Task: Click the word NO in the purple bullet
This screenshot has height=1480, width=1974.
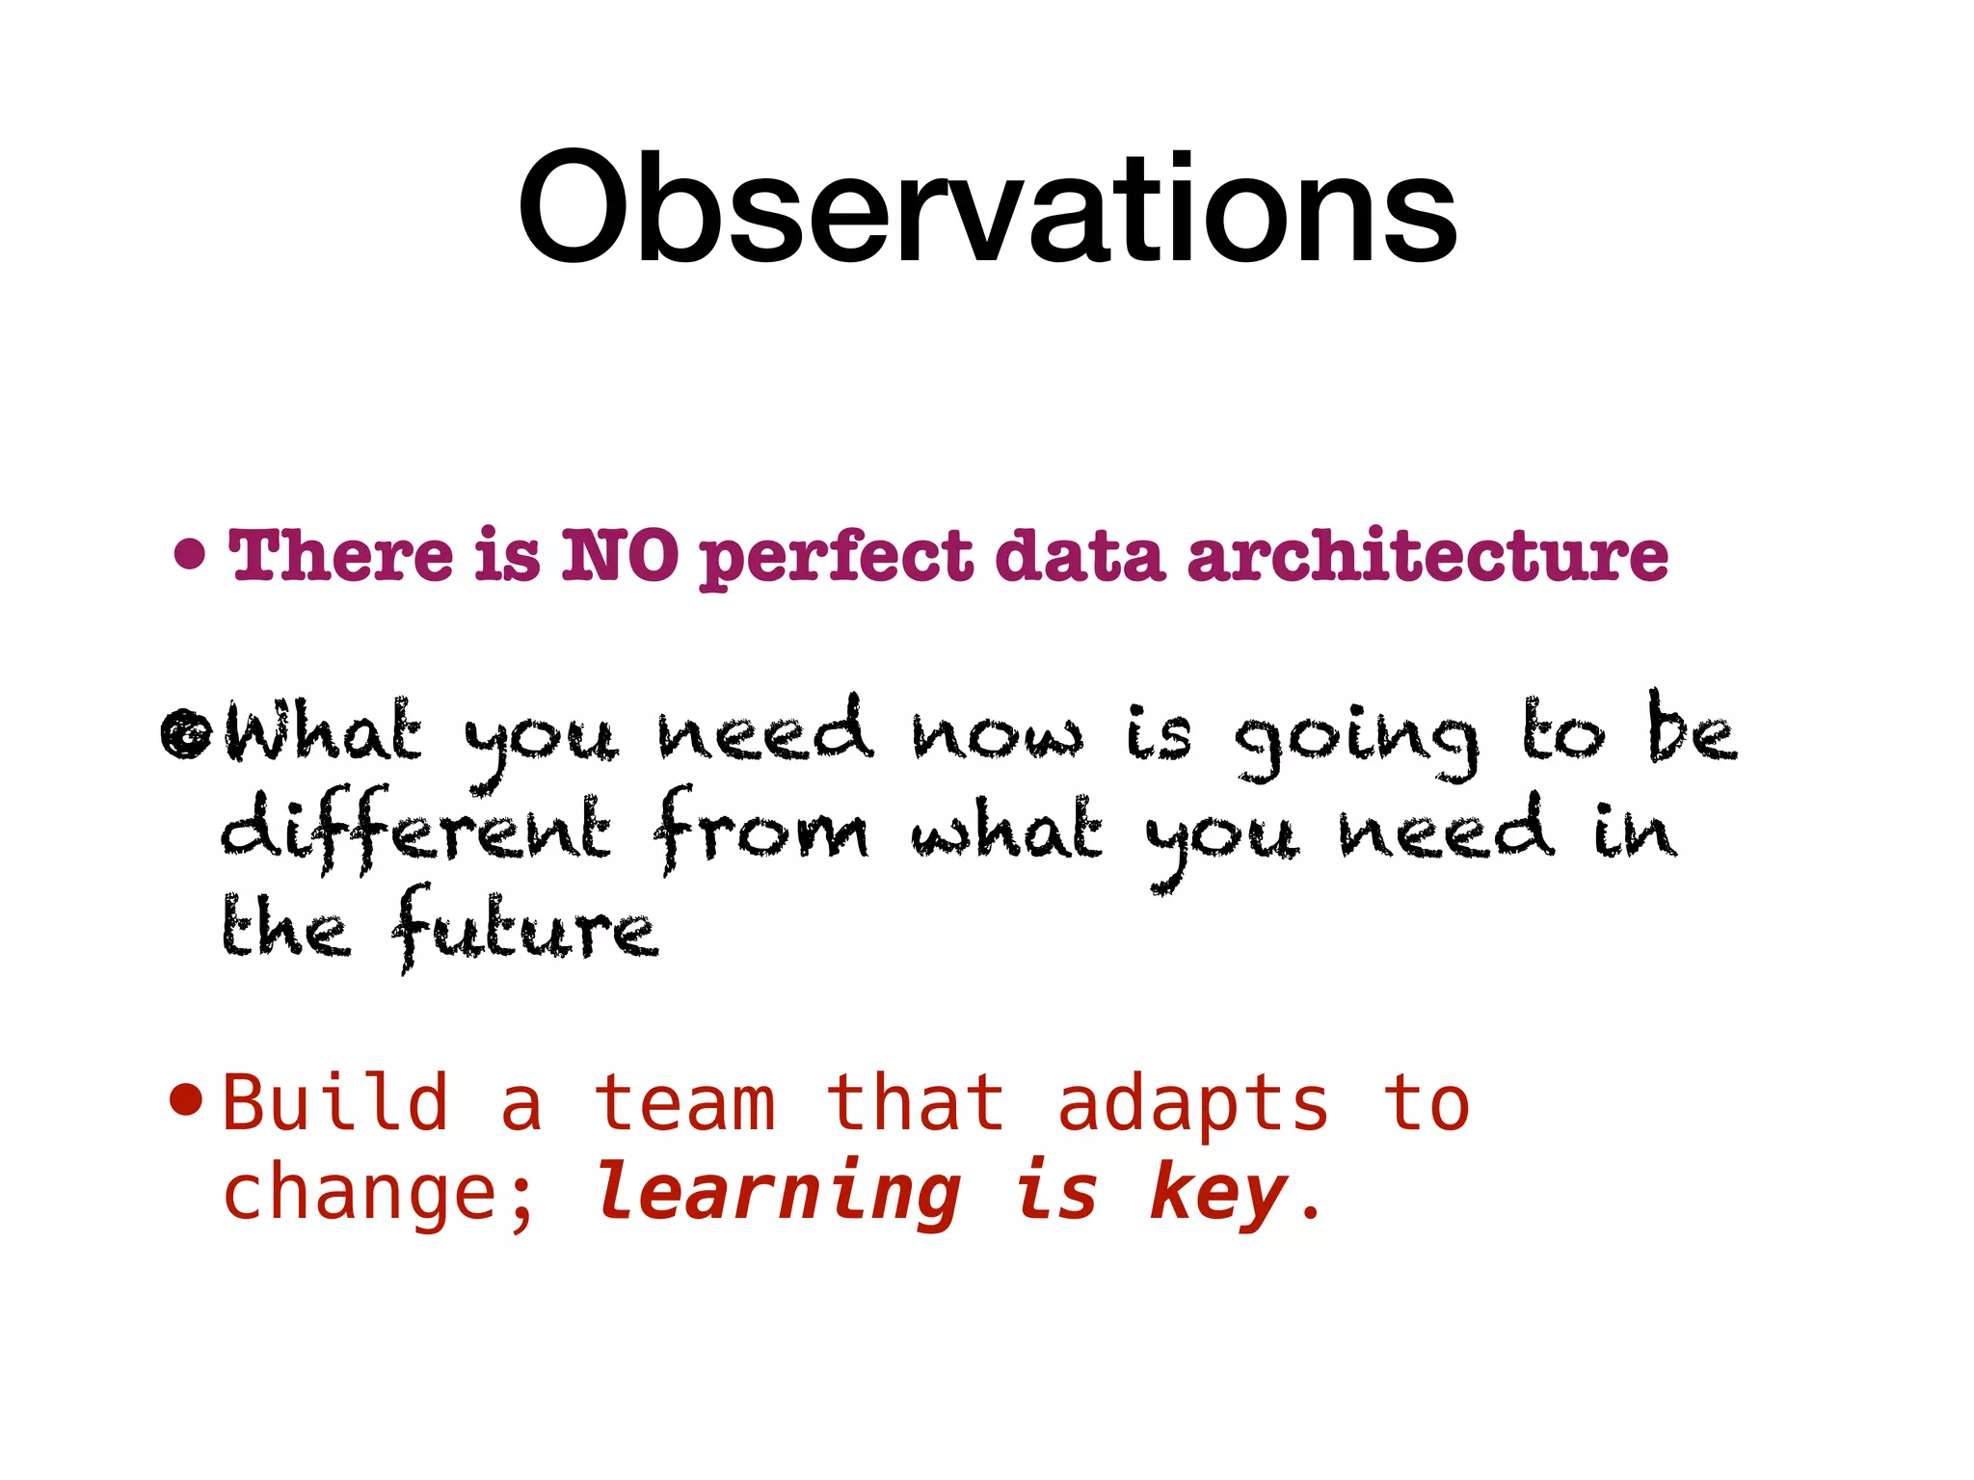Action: click(620, 557)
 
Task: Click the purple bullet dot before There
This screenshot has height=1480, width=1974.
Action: click(190, 555)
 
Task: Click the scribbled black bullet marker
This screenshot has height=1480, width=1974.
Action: click(185, 735)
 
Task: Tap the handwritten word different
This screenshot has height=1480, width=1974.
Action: click(415, 831)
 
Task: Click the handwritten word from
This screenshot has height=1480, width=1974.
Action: click(760, 831)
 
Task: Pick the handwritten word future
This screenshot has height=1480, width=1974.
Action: click(525, 930)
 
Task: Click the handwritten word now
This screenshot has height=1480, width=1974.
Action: click(998, 735)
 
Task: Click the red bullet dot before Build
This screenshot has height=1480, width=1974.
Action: click(185, 1098)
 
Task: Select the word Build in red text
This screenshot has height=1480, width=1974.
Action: click(335, 1103)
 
